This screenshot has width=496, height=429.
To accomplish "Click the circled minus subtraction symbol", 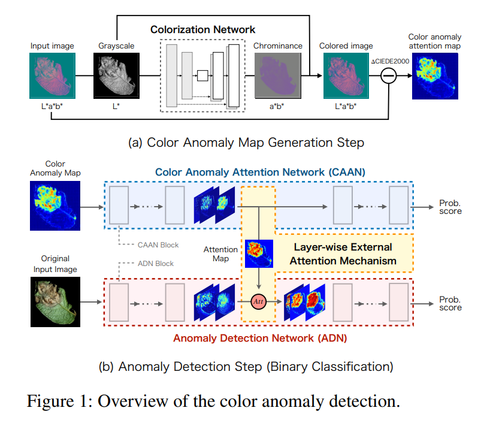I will coord(389,75).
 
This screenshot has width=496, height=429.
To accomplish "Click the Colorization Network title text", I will coord(202,29).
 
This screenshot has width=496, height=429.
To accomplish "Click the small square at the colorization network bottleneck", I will coord(202,75).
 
